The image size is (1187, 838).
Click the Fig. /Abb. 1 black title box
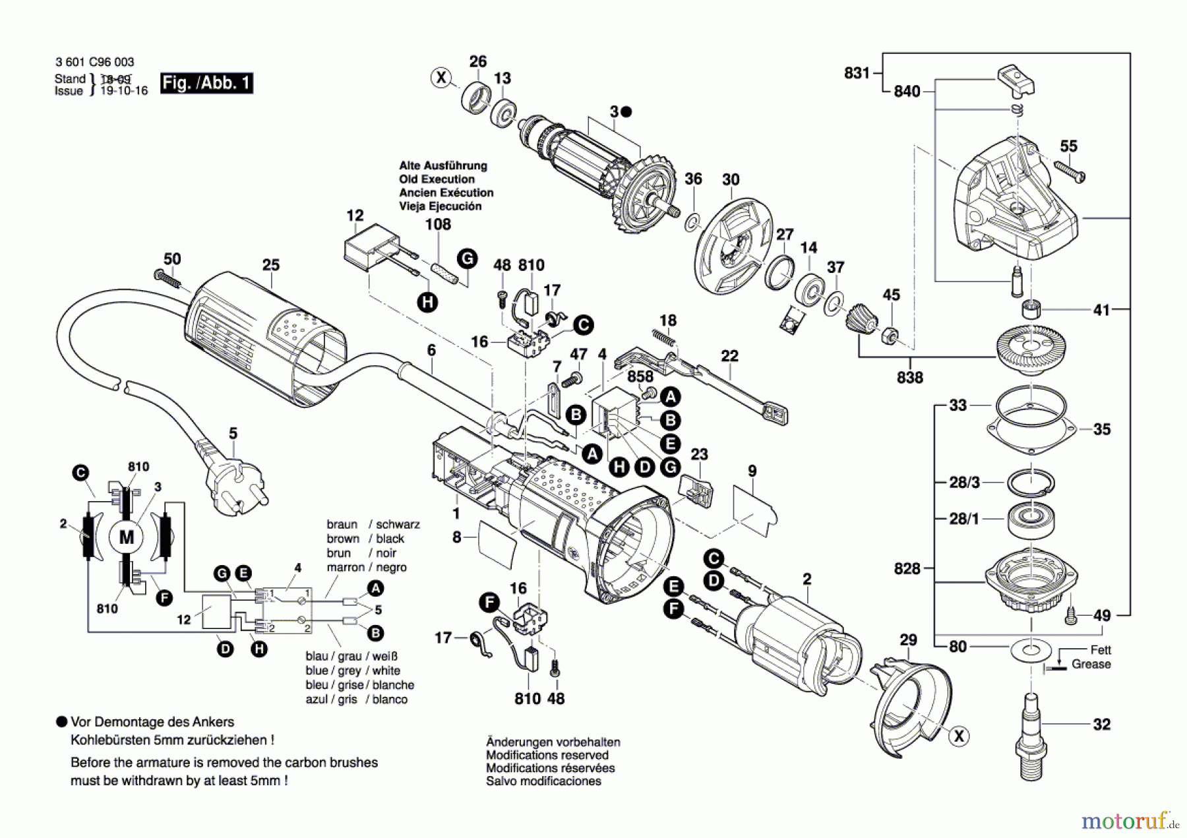coord(206,83)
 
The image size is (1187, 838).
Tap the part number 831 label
coord(857,73)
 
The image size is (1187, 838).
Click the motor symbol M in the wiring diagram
coord(126,537)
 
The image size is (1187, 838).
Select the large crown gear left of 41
coord(1031,349)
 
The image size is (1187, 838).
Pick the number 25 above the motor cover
coord(271,265)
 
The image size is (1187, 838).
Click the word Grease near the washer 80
coord(1091,664)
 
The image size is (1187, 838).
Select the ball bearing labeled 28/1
coord(1032,519)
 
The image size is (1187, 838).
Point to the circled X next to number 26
coord(441,78)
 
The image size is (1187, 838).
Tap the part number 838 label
coord(909,378)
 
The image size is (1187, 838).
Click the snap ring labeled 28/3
coord(1030,484)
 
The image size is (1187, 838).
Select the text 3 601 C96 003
coord(94,62)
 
